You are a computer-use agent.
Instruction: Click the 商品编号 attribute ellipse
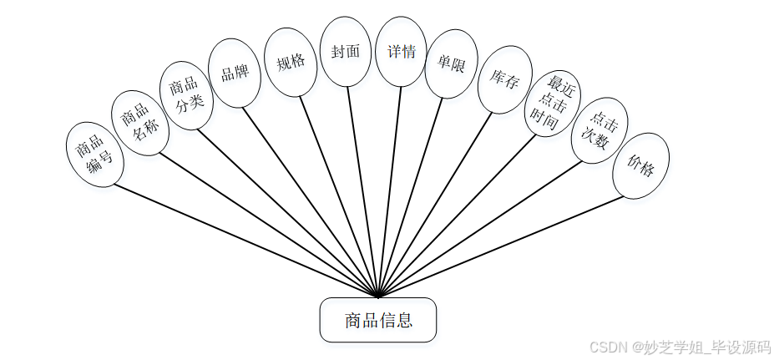point(94,154)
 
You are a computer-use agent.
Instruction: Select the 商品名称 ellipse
point(139,123)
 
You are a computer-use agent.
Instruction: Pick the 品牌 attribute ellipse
point(234,73)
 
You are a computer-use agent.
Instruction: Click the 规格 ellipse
point(290,61)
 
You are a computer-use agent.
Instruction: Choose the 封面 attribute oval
point(345,52)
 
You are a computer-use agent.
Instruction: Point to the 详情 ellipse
point(401,52)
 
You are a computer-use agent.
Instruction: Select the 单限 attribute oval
point(451,63)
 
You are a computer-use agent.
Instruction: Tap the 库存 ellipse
point(503,80)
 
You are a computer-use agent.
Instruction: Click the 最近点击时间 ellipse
point(553,104)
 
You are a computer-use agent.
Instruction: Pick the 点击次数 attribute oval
point(599,130)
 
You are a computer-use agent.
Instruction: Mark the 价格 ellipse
point(640,165)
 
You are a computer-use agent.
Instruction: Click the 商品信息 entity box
point(377,320)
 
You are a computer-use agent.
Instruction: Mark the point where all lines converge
point(378,297)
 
